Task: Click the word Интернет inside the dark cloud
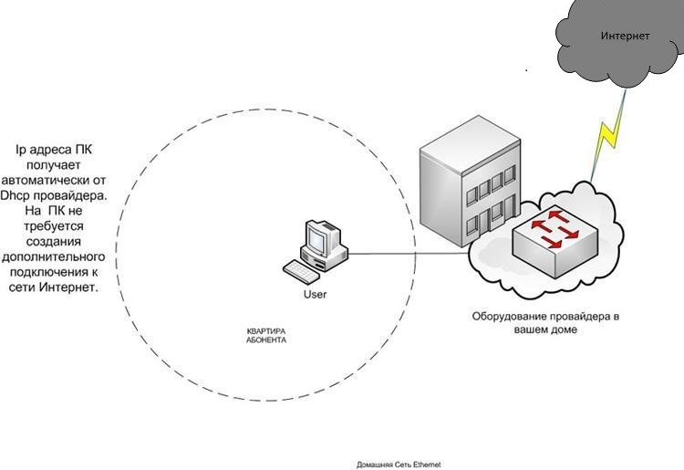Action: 625,36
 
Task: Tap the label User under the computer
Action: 315,295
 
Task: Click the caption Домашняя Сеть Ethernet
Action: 399,465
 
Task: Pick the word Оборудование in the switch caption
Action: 512,317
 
